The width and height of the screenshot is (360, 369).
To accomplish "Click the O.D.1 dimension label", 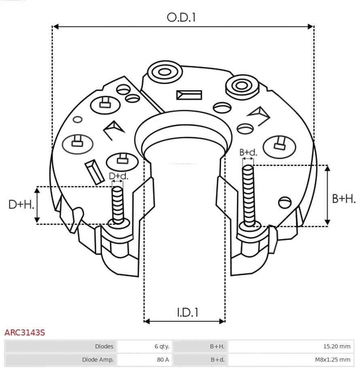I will point(181,17).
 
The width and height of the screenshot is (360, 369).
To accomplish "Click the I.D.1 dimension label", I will point(187,312).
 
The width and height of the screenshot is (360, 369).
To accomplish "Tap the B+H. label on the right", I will point(343,198).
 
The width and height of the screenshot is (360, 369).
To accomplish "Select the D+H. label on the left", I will point(21,205).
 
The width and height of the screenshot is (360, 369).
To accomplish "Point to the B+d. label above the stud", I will point(248,152).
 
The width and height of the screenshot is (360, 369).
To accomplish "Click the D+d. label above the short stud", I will point(118,176).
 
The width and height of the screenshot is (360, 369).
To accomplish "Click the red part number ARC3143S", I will point(25,333).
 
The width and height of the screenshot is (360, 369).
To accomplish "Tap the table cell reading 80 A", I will point(145,359).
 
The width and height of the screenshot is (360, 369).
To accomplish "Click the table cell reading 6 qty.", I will point(145,346).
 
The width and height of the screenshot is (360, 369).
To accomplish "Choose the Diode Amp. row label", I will point(61,359).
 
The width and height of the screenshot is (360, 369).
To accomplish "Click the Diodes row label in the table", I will point(61,346).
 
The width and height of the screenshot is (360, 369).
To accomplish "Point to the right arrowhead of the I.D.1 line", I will point(222,321).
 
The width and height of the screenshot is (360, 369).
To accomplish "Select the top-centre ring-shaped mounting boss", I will point(164,73).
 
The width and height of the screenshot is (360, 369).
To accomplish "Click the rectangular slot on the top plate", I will point(189,95).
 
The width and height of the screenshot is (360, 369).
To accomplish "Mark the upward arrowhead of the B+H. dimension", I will point(328,168).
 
